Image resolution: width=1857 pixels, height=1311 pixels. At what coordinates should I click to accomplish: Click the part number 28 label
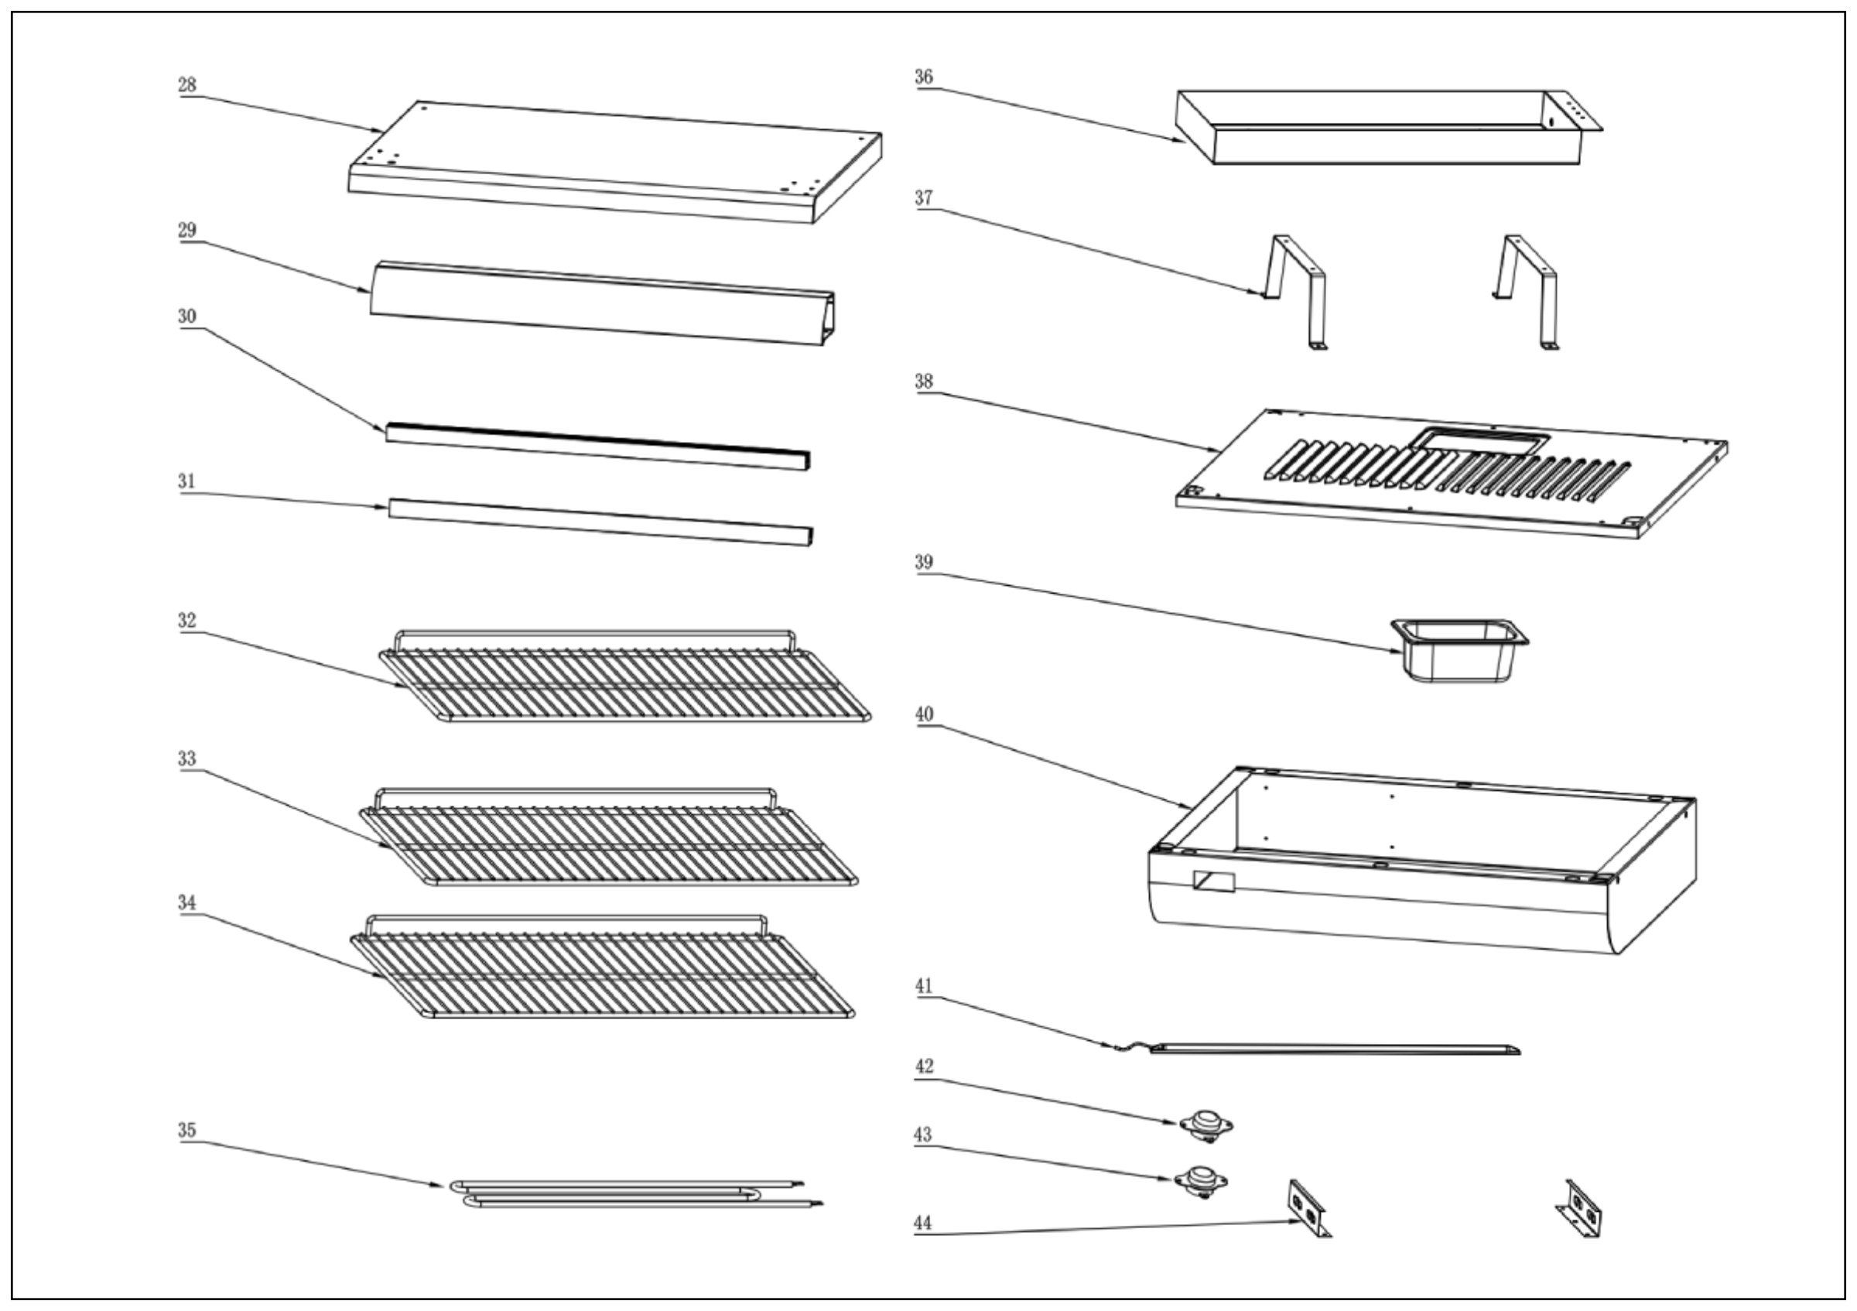[x=186, y=85]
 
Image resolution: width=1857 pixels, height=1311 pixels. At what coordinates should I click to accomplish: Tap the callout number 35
[x=186, y=1130]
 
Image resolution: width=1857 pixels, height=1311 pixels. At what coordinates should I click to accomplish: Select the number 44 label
[x=923, y=1223]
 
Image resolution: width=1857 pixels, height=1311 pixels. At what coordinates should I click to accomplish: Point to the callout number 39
[x=924, y=562]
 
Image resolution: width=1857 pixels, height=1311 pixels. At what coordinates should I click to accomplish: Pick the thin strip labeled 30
[x=599, y=446]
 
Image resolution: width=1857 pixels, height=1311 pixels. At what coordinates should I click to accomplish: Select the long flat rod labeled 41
[x=1335, y=1049]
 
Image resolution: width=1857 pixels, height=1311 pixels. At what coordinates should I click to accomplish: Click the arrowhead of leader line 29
[x=364, y=290]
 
